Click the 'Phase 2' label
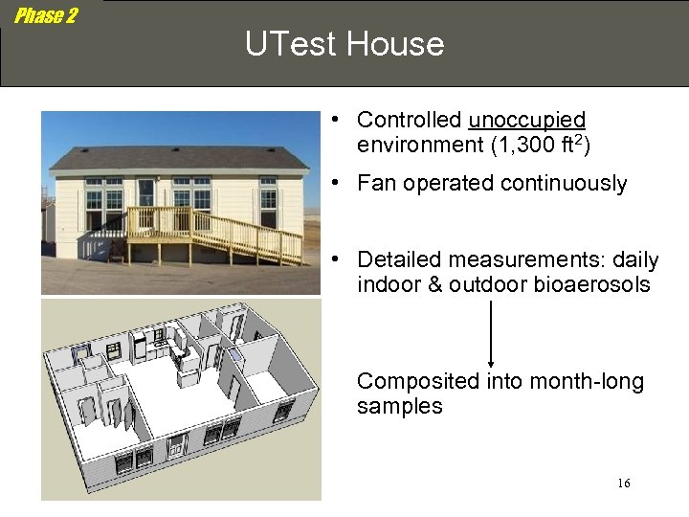coord(45,15)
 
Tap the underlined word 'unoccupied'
coord(526,120)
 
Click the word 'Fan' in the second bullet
coord(376,184)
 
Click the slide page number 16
coord(623,483)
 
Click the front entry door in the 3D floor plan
coord(176,446)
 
